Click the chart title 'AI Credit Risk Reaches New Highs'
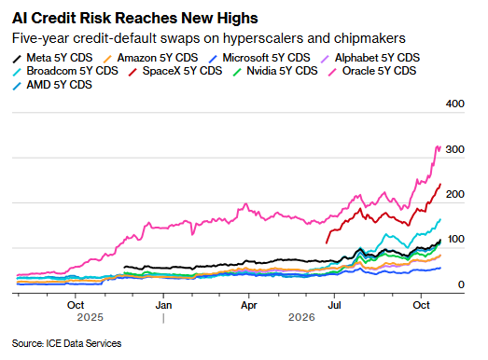coord(135,18)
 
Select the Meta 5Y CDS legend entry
coord(52,58)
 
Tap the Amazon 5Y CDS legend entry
coord(150,58)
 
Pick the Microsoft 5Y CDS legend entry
coord(259,58)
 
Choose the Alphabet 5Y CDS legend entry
coord(370,58)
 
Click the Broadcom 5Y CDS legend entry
coord(65,71)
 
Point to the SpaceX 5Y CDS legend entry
coord(175,71)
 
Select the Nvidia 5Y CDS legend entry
coord(275,71)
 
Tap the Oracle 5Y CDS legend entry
coord(372,71)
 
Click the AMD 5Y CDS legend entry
coord(52,85)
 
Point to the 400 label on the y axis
coord(454,104)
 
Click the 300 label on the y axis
coord(454,149)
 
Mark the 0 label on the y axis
coord(461,284)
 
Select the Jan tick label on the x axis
coord(163,305)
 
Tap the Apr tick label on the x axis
coord(249,305)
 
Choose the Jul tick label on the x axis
coord(334,305)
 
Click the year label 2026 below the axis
coord(301,317)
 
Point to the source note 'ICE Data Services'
coord(84,343)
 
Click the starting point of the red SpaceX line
coord(327,243)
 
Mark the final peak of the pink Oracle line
coord(439,146)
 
